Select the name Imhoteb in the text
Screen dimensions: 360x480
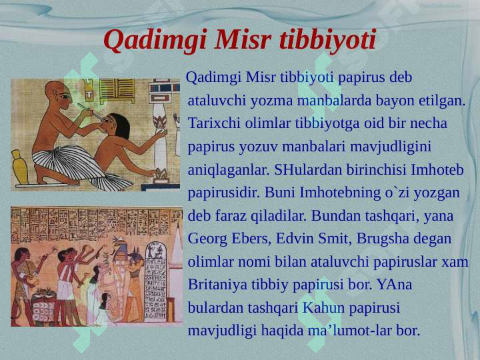[x=438, y=170]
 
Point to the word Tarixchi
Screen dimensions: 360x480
[x=213, y=124]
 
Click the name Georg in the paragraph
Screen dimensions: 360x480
[x=207, y=239]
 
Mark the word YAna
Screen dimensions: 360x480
[x=394, y=285]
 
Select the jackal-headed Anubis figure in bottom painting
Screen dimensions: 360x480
[x=133, y=273]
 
